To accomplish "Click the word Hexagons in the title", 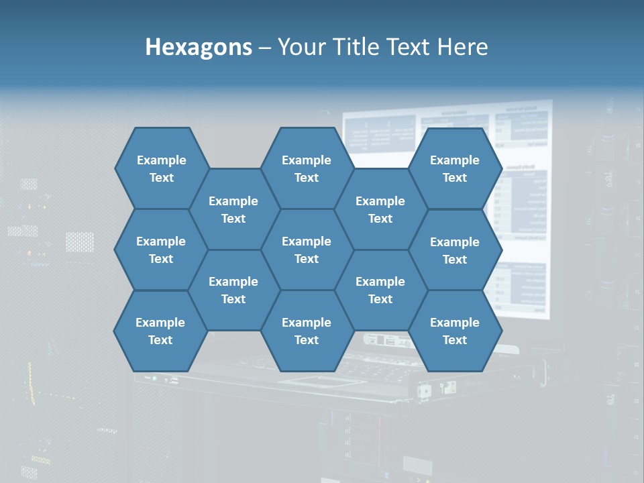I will (x=199, y=47).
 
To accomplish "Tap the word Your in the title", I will (x=297, y=47).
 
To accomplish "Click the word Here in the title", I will (x=463, y=47).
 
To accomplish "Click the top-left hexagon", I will (x=161, y=168).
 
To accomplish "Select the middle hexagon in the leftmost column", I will (x=161, y=250).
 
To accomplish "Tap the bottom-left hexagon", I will (x=160, y=331).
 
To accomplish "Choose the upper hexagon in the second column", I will (x=233, y=209).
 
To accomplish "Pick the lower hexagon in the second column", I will (x=233, y=290).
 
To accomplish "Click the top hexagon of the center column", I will (x=307, y=168).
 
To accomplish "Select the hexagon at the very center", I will (x=307, y=250).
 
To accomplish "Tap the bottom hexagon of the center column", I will (x=307, y=331).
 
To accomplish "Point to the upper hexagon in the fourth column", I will (x=380, y=209).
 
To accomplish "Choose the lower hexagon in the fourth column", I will (x=380, y=290).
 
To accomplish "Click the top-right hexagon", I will (x=455, y=168).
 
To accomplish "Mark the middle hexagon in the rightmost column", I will (x=455, y=250).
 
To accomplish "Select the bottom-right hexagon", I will (x=455, y=331).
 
